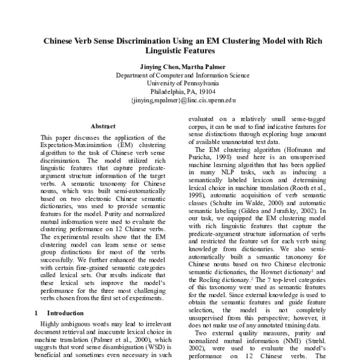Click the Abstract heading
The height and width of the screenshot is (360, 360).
[103, 126]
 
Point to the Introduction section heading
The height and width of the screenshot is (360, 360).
[65, 313]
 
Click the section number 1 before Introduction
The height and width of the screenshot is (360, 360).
[37, 313]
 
